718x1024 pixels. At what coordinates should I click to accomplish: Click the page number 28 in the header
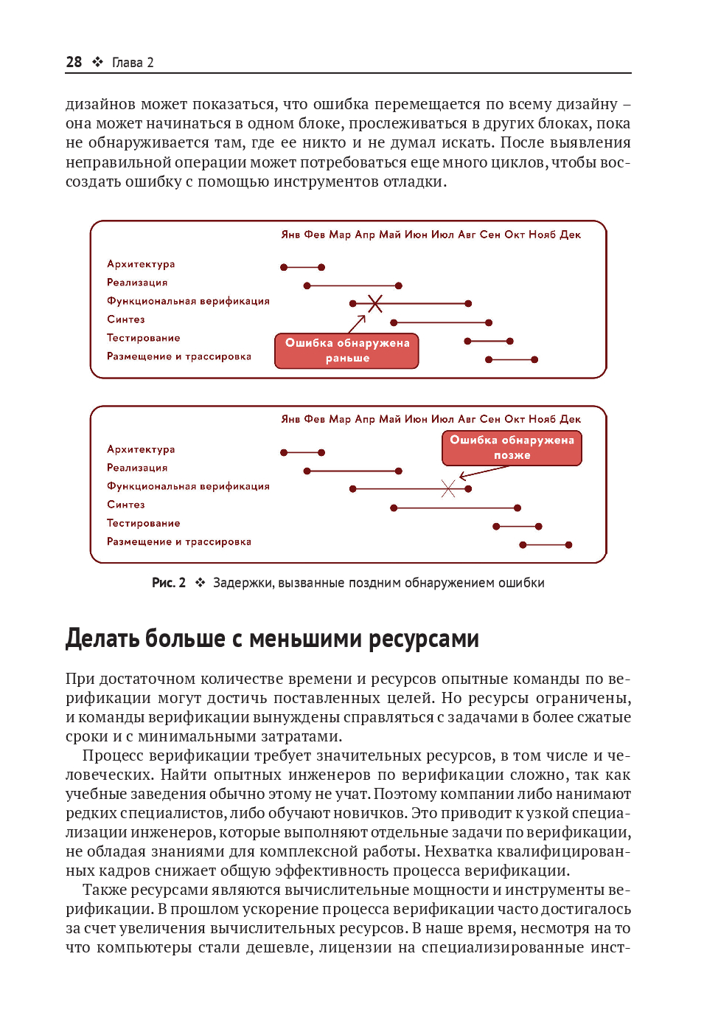coord(74,62)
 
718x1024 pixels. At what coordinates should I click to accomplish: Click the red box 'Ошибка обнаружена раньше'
coord(346,350)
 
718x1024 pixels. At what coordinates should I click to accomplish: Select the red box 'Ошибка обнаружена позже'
coord(512,448)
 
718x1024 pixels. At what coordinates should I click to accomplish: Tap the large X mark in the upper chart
coord(375,303)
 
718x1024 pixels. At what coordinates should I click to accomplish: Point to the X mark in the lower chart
coord(448,488)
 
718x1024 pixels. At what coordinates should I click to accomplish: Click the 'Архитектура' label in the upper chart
coord(141,264)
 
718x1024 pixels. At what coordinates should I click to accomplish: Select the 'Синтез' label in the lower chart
coord(126,505)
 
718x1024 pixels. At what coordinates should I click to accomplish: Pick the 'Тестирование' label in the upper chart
coord(143,338)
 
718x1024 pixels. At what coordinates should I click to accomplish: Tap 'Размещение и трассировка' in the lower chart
coord(178,542)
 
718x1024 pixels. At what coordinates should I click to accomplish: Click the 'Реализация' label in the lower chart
coord(137,468)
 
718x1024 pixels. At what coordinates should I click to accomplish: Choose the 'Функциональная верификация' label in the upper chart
coord(188,301)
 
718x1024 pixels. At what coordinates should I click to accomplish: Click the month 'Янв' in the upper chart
coord(290,235)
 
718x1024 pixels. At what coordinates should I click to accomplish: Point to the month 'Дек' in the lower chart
coord(570,419)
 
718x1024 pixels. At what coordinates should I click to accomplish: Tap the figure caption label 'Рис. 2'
coord(169,583)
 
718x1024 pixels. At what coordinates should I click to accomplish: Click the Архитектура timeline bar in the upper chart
coord(302,267)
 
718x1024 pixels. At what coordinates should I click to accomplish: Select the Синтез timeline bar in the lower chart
coord(456,508)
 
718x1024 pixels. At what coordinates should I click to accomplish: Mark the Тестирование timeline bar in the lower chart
coord(517,526)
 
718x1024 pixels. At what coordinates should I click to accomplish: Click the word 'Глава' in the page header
coord(127,63)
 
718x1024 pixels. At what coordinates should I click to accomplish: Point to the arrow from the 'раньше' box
coord(357,324)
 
